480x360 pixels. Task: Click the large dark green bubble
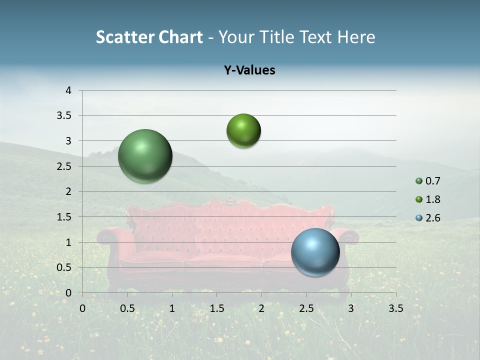click(145, 156)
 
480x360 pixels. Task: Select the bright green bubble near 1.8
click(243, 131)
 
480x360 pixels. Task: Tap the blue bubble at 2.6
click(315, 252)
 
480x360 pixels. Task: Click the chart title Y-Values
click(249, 70)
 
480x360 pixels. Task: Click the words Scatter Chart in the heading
click(149, 37)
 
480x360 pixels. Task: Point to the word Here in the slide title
click(355, 37)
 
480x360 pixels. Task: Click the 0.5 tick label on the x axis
click(127, 308)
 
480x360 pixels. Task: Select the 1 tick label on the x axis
click(172, 308)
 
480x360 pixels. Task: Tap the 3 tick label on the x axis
click(351, 308)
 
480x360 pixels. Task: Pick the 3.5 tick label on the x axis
click(395, 308)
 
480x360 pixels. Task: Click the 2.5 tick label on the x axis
click(306, 308)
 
